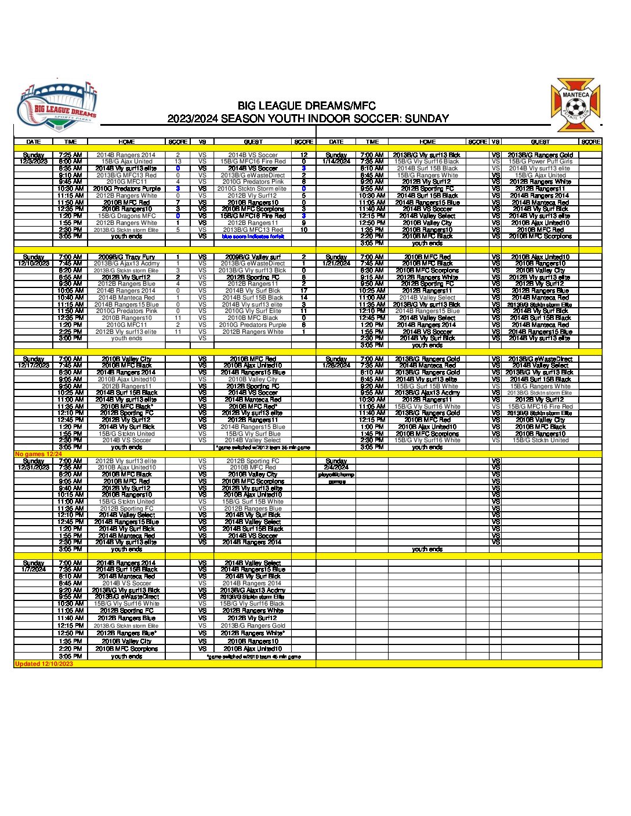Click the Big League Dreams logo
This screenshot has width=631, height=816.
56,109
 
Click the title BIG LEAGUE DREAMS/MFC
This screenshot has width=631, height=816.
307,106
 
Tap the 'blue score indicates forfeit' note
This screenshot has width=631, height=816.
253,236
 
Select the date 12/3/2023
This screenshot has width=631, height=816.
34,162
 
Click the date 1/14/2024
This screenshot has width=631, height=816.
336,162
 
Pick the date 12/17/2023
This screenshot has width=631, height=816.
34,366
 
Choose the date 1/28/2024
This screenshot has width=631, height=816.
336,366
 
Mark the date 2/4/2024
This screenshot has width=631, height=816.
336,467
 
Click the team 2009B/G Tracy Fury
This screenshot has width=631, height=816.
126,257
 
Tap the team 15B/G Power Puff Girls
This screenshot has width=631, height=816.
540,162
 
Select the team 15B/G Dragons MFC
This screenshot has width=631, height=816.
126,216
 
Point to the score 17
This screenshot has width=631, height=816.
303,290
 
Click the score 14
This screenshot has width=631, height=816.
303,297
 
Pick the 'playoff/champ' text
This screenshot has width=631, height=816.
336,475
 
